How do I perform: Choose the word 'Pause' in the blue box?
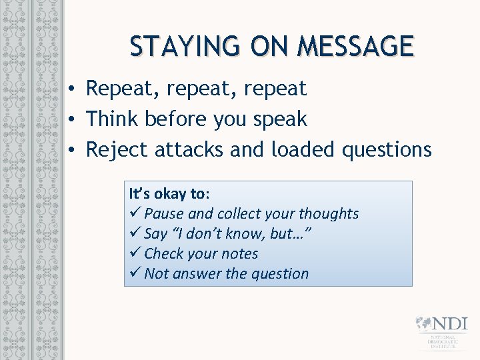[164, 214]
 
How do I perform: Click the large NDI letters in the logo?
[450, 324]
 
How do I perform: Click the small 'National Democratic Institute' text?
[443, 341]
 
